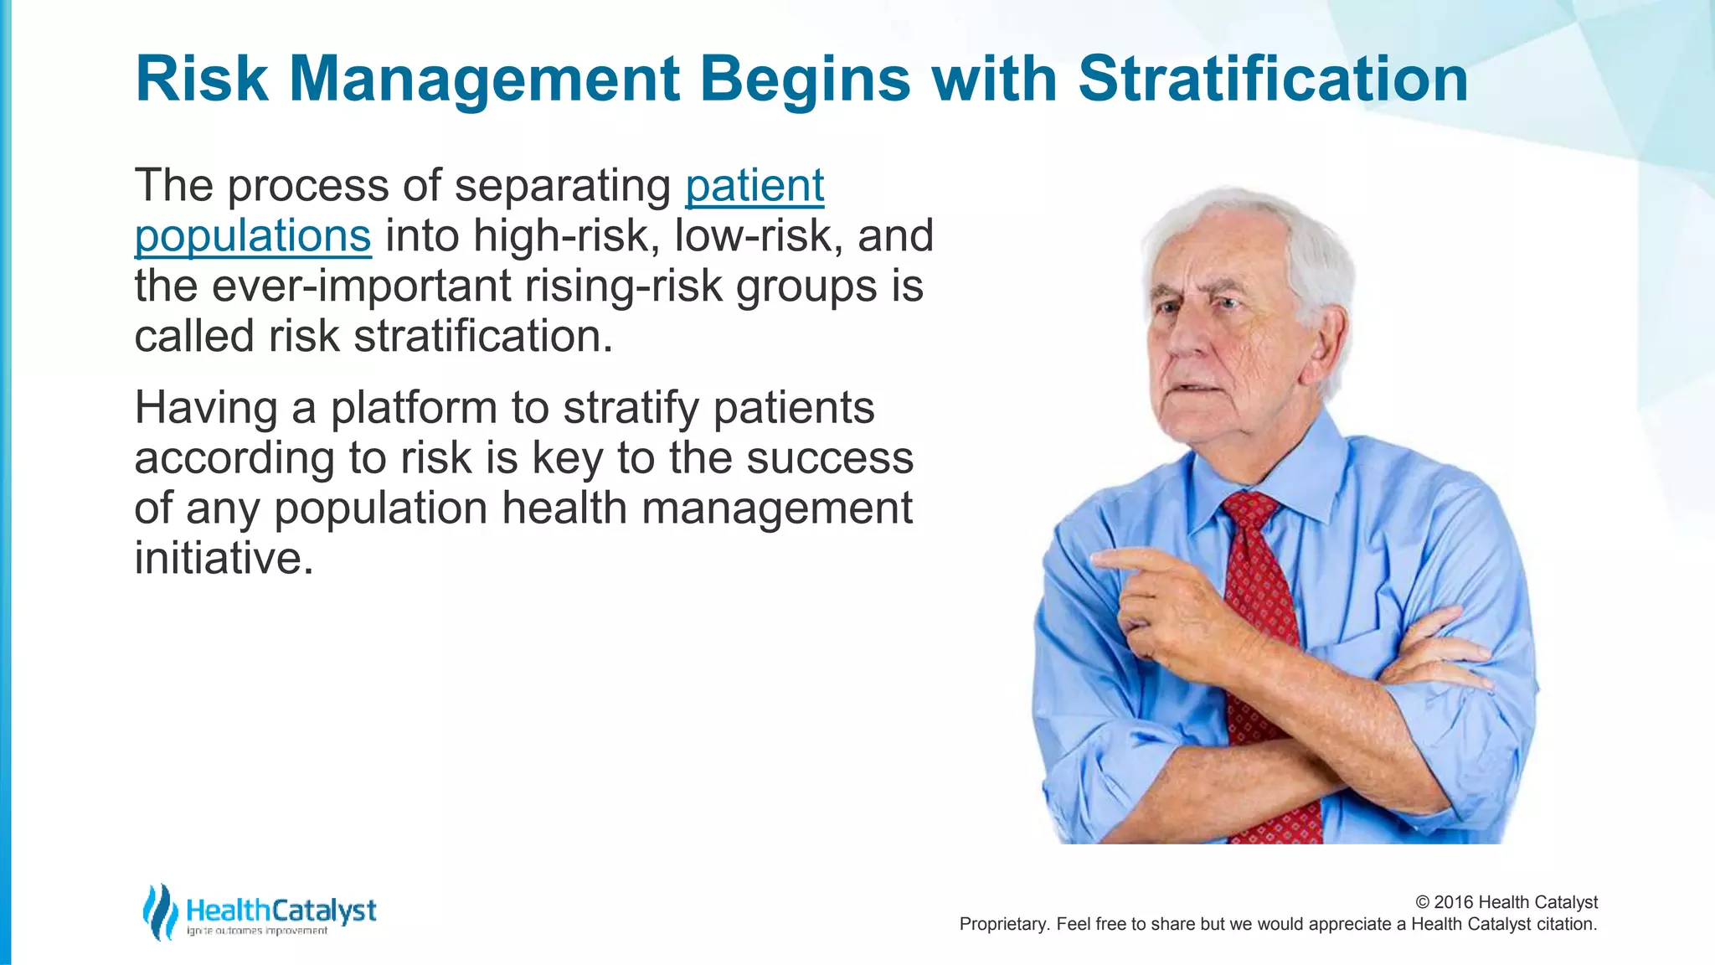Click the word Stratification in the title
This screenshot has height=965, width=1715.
1273,80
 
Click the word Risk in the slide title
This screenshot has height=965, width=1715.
201,80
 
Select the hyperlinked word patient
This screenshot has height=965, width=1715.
754,186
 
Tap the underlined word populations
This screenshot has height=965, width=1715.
252,236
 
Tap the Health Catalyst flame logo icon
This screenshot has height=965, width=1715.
159,911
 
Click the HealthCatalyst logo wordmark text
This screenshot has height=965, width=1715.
281,910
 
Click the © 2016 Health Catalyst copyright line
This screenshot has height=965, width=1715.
1506,902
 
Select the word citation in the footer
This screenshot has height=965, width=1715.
1566,924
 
